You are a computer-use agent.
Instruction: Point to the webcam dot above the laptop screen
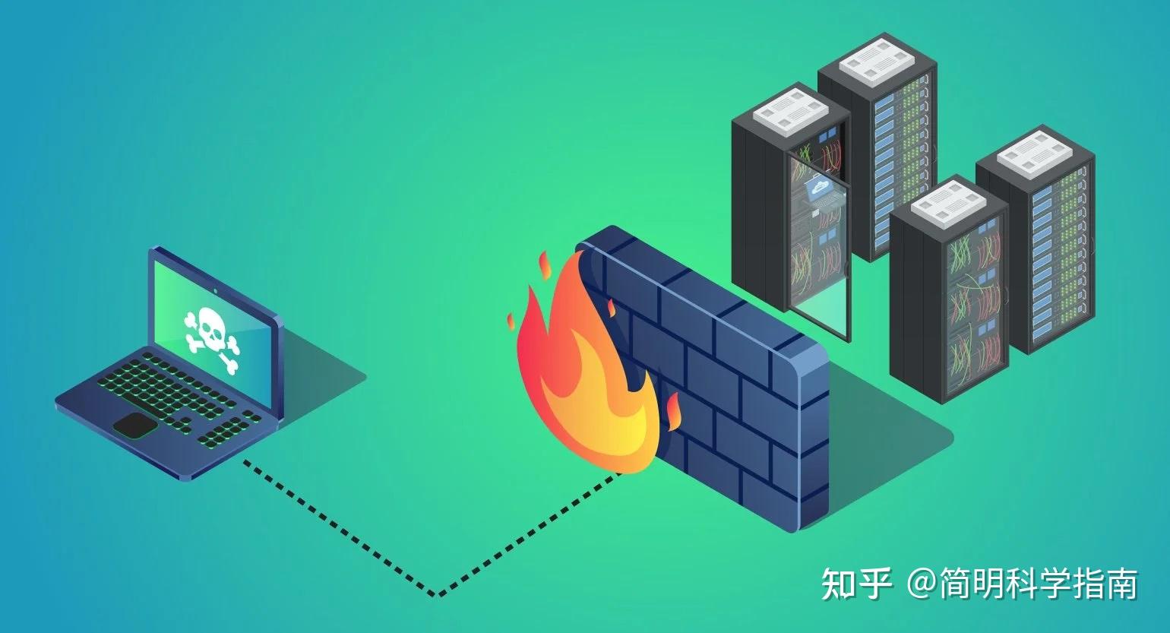pos(217,290)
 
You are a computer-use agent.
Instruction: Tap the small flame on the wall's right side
pos(673,411)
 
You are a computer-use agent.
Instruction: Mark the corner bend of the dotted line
pos(438,594)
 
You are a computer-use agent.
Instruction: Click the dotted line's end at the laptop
pos(245,461)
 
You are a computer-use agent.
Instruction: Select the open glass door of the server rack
pos(820,243)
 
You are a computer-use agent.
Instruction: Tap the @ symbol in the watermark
pos(922,584)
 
